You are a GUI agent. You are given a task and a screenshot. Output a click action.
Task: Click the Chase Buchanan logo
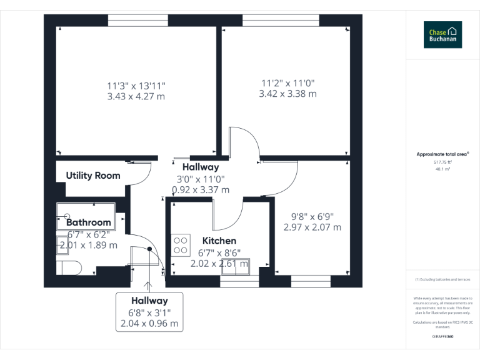(x=442, y=34)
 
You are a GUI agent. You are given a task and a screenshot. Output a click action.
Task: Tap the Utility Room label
(x=93, y=176)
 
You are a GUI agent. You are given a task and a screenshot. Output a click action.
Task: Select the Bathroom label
(x=88, y=222)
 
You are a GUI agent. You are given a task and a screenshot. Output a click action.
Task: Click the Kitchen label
(x=219, y=241)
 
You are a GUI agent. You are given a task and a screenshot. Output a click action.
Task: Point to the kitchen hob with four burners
(x=181, y=244)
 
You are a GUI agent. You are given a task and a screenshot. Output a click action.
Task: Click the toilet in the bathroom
(x=69, y=268)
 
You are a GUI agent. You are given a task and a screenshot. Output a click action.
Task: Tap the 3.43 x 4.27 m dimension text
(x=136, y=96)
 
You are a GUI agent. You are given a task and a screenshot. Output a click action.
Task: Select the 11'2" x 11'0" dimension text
(x=287, y=82)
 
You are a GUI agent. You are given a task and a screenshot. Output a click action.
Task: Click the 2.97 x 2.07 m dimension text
(x=312, y=227)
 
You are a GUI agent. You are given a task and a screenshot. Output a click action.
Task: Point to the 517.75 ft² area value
(x=442, y=162)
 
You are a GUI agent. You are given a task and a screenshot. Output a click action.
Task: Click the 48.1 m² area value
(x=442, y=169)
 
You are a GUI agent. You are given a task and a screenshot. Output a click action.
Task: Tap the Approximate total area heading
(x=442, y=154)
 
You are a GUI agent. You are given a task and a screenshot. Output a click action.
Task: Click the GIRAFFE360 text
(x=442, y=336)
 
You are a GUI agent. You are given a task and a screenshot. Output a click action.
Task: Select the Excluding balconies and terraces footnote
(x=442, y=279)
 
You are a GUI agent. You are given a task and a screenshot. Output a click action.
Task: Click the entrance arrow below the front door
(x=149, y=287)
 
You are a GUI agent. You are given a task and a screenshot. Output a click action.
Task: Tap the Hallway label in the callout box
(x=149, y=301)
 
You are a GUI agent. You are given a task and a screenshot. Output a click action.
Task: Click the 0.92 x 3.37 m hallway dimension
(x=201, y=189)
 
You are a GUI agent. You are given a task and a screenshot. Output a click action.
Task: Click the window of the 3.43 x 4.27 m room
(x=137, y=20)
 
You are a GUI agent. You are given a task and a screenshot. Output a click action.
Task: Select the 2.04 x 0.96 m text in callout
(x=149, y=324)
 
